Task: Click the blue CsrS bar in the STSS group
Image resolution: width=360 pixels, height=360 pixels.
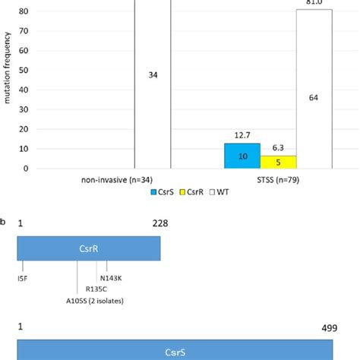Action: click(x=242, y=156)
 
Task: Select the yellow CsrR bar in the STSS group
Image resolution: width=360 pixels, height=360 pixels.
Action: click(x=278, y=162)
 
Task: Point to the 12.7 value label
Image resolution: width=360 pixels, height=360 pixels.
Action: click(x=242, y=135)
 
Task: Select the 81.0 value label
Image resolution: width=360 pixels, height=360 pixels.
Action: click(x=314, y=4)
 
